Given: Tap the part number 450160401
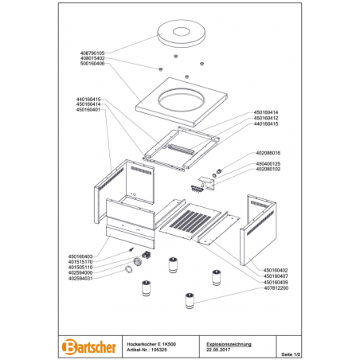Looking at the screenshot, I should click(88, 110).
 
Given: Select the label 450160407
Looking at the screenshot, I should click(276, 276).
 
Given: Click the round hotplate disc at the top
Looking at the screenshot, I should click(181, 34).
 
